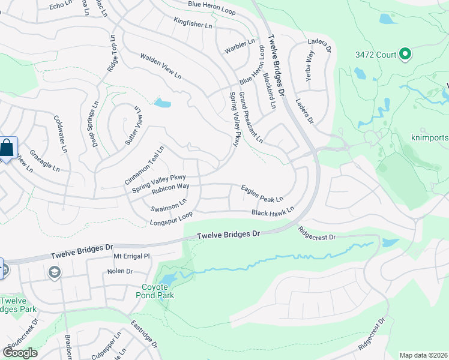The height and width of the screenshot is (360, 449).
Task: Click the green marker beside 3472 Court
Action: point(405,55)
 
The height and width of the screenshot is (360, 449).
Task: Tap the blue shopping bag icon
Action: point(7,148)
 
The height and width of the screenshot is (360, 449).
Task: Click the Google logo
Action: point(20,352)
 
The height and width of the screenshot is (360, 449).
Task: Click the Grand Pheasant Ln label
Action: point(251,118)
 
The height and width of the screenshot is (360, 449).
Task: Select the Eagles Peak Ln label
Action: point(262,193)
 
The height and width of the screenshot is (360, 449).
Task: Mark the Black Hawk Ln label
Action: point(273,211)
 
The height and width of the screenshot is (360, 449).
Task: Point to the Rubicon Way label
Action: point(170,188)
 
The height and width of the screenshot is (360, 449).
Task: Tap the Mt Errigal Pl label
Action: point(131,256)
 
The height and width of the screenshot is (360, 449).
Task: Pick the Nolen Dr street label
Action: point(119,271)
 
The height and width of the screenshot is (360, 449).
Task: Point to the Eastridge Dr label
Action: point(144,337)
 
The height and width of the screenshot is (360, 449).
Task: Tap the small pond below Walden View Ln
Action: point(162,103)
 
